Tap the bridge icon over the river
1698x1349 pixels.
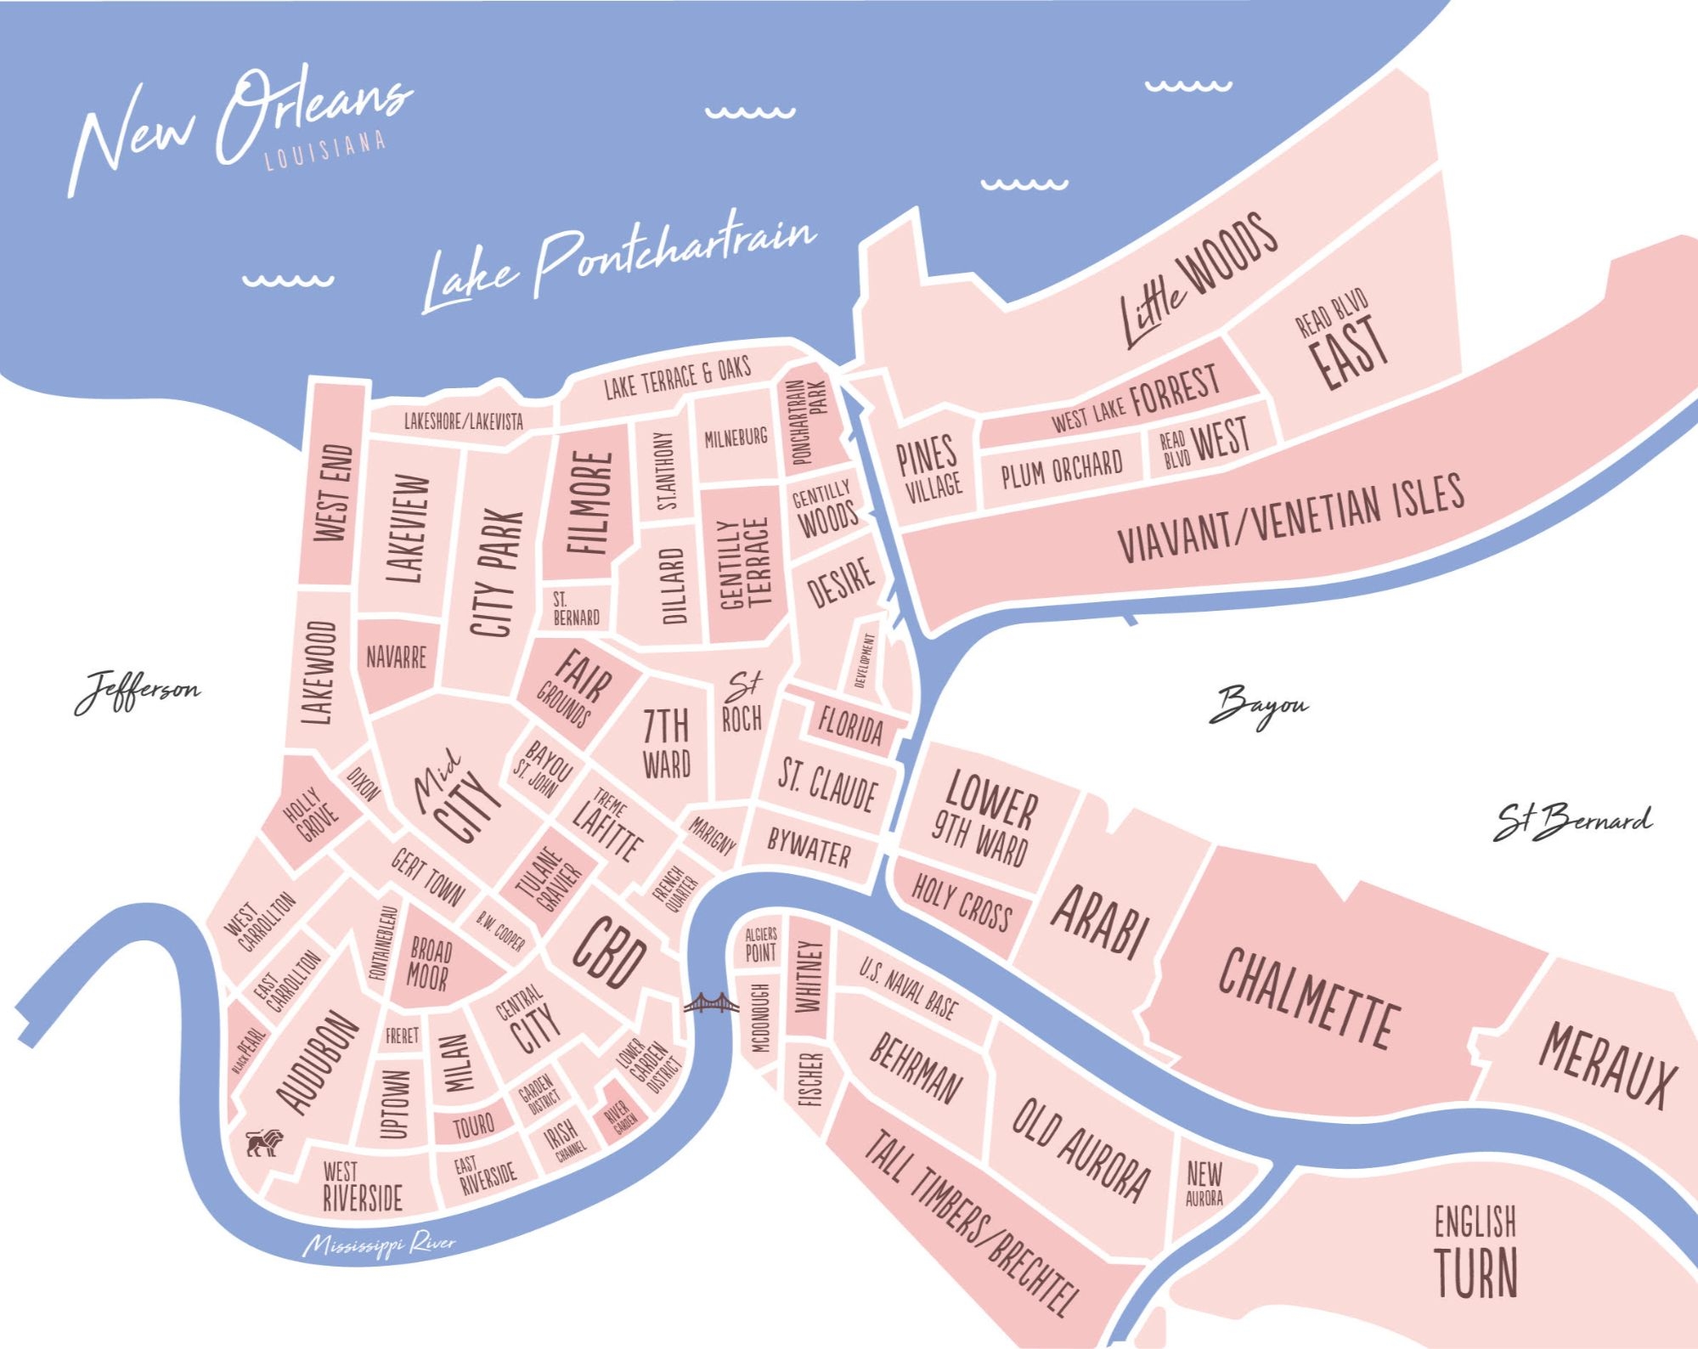710,1004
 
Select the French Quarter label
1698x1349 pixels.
675,889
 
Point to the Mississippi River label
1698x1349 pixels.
380,1245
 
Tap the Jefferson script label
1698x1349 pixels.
138,690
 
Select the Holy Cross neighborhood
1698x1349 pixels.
962,904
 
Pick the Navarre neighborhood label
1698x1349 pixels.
396,658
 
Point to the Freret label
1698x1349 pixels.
402,1036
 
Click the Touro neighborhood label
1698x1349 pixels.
473,1126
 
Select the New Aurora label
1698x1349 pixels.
1204,1183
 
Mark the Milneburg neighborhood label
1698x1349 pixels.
736,438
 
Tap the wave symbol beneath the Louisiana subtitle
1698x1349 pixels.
288,279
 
